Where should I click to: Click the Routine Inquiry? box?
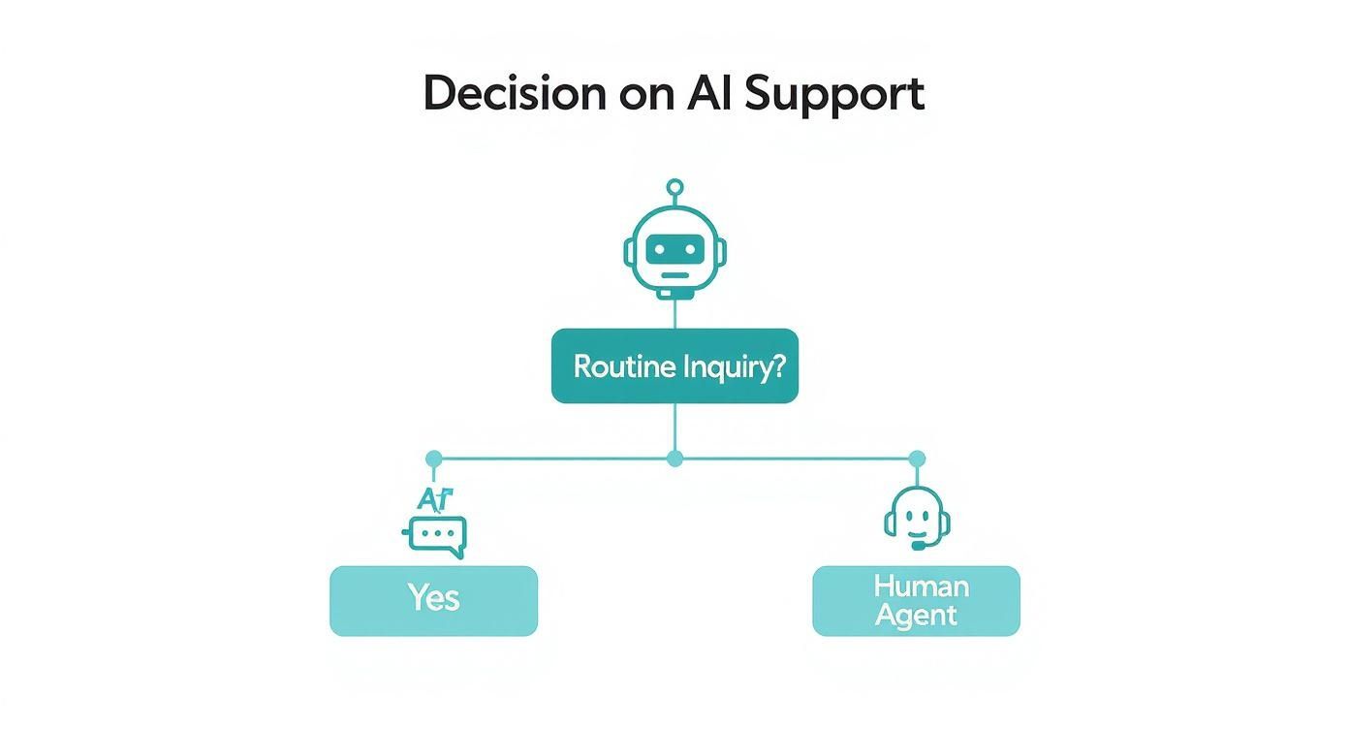click(674, 366)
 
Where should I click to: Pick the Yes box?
click(433, 601)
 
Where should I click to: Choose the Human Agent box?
click(916, 601)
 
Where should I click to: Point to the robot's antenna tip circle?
click(675, 187)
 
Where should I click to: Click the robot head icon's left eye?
click(659, 249)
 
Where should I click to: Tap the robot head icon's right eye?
click(691, 249)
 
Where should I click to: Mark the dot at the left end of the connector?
click(433, 459)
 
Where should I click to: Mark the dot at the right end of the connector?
click(917, 459)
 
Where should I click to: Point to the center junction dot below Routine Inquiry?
click(675, 459)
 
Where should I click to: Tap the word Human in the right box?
click(920, 586)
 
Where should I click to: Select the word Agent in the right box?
click(916, 616)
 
